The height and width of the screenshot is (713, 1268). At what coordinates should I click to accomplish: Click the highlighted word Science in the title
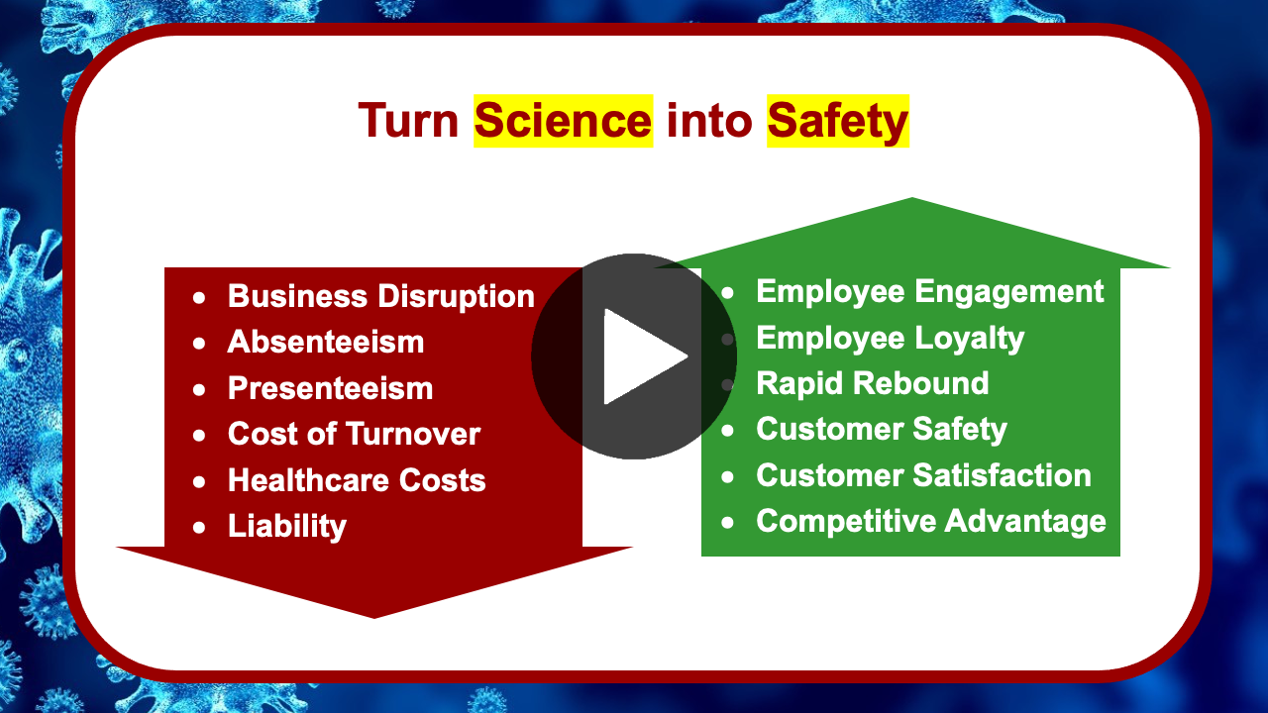[x=564, y=121]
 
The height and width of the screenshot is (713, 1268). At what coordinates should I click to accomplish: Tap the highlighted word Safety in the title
[x=838, y=121]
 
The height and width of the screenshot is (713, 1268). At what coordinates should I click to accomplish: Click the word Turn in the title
[x=408, y=121]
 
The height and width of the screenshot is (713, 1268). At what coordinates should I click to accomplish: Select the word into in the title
[x=709, y=121]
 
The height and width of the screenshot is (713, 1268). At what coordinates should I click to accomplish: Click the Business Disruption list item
[x=381, y=296]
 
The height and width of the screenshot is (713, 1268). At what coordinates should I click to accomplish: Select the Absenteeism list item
[x=326, y=342]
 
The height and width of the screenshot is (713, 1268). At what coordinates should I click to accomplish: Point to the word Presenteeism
[x=330, y=388]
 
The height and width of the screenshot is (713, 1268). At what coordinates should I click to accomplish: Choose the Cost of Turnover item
[x=354, y=434]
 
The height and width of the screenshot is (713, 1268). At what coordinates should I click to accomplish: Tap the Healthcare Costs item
[x=357, y=480]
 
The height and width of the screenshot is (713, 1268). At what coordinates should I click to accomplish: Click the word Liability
[x=287, y=526]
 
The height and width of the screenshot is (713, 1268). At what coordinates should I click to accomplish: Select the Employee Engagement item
[x=930, y=292]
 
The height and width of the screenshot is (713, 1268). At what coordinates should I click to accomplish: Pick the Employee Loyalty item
[x=891, y=339]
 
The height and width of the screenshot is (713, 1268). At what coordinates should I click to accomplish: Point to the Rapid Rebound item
[x=873, y=383]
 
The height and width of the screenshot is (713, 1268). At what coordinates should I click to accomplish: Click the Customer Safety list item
[x=882, y=430]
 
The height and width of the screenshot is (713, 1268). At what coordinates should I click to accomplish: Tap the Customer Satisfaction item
[x=924, y=475]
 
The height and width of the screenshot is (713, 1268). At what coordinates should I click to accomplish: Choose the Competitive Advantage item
[x=931, y=521]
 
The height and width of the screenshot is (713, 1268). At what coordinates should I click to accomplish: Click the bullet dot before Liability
[x=199, y=528]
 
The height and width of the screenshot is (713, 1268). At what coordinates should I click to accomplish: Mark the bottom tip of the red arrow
[x=373, y=618]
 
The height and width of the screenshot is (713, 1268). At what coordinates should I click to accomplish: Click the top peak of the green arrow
[x=912, y=198]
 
